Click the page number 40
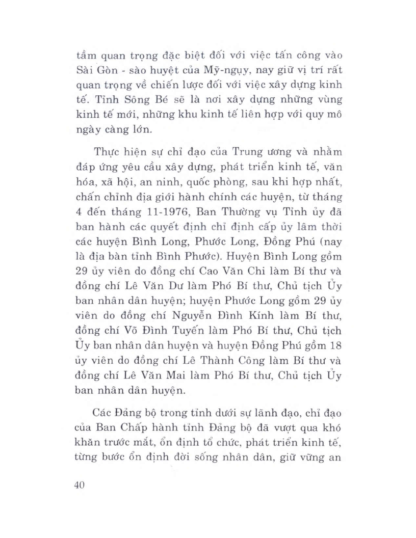tap(78, 485)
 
